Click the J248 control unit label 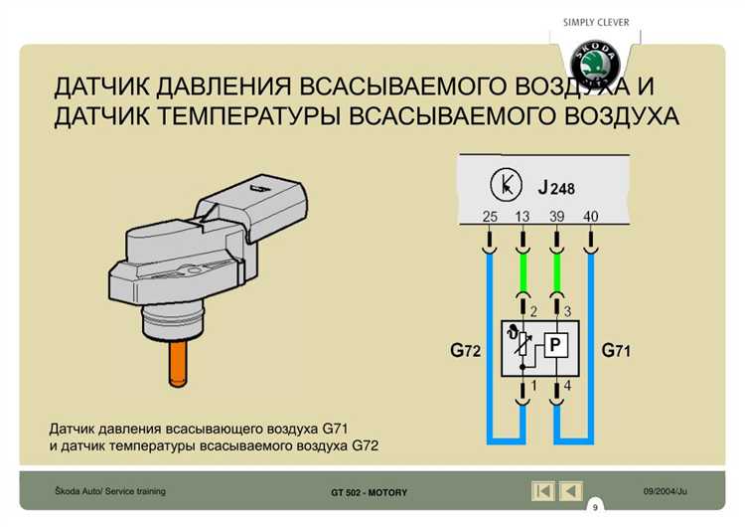555,187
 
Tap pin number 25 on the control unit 490,217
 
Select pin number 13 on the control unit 522,217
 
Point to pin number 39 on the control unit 558,217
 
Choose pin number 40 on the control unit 591,217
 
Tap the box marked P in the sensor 556,346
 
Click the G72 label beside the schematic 466,350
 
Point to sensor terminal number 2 533,311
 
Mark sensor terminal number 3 567,311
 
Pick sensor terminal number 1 533,385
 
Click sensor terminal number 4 567,385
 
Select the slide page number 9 595,507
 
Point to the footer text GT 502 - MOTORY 369,493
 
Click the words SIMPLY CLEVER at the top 596,22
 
